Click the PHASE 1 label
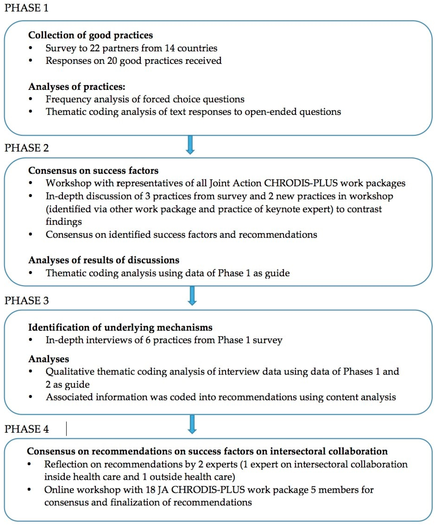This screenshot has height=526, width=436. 26,8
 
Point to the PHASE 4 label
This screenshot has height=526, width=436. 26,429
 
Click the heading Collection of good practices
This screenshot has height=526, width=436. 90,35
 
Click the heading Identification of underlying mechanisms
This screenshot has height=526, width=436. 120,327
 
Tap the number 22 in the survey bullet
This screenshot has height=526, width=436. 95,48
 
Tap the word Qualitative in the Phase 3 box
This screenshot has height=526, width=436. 70,371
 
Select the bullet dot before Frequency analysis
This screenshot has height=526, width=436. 31,99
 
